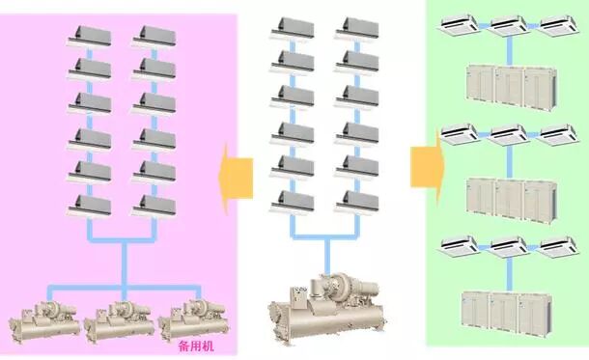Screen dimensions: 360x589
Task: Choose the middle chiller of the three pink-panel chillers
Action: coord(117,319)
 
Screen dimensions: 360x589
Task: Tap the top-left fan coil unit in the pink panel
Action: coord(88,38)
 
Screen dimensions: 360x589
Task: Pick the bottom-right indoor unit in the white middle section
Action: coord(357,201)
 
